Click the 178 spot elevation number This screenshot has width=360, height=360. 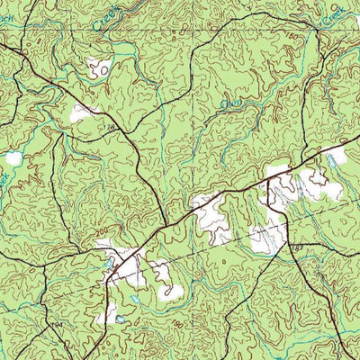(111, 131)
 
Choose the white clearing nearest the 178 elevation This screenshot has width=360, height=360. (84, 112)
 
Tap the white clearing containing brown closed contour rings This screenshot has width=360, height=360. (98, 66)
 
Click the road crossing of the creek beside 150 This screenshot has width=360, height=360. (310, 40)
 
